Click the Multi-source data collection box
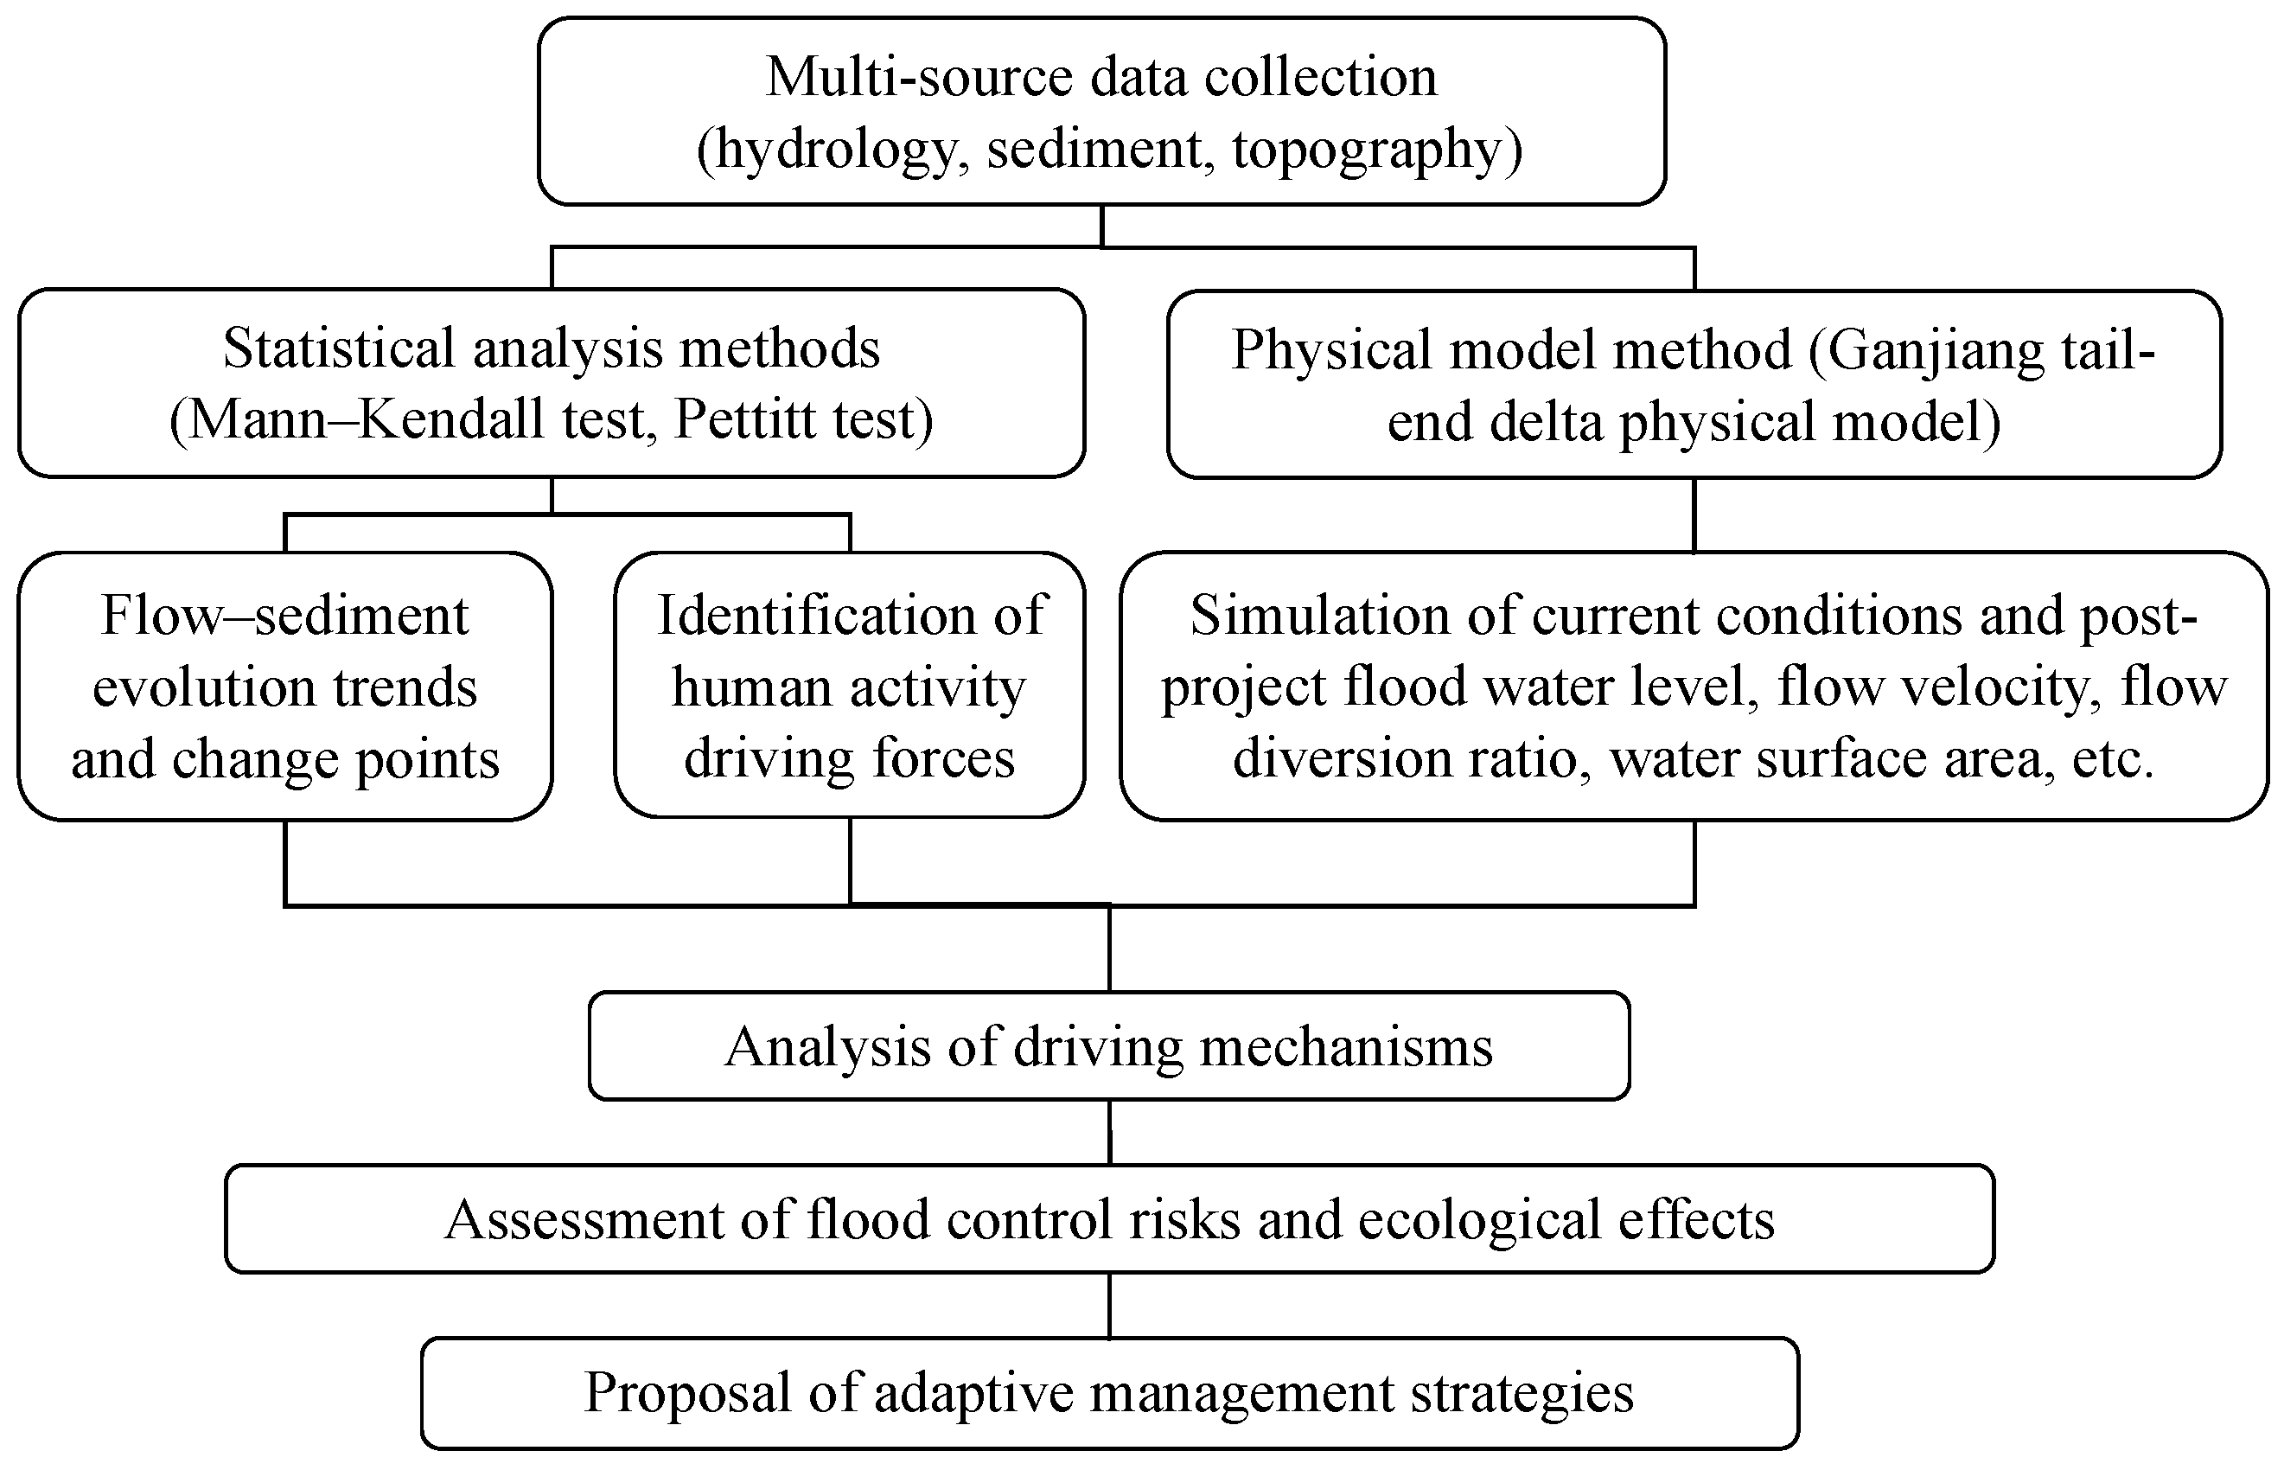(x=1102, y=112)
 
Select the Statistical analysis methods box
(x=552, y=383)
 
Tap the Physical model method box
(x=1694, y=385)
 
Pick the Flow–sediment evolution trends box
(x=285, y=686)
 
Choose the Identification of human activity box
(x=850, y=684)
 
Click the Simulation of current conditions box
(x=1694, y=686)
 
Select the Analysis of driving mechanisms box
(x=1108, y=1046)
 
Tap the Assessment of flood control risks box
(x=1109, y=1219)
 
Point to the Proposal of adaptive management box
(x=1109, y=1393)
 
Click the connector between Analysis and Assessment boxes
(x=1109, y=1132)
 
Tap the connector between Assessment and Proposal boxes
(x=1109, y=1305)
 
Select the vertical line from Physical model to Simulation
(x=1694, y=515)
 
